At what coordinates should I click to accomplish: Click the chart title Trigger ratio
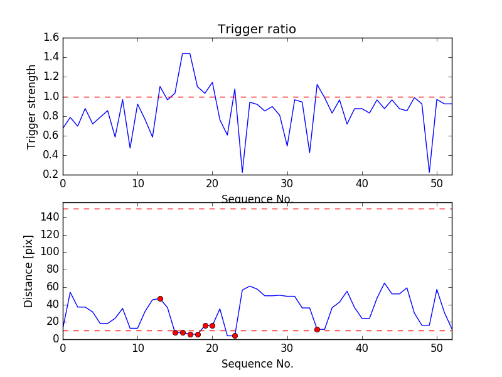pos(257,30)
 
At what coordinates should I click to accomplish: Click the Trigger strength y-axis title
pos(32,107)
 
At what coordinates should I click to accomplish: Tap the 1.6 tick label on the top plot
pos(51,38)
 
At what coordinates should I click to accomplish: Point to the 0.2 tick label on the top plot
pos(51,175)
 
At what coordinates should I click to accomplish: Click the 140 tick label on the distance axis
pos(49,217)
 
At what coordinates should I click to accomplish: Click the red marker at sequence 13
pos(160,298)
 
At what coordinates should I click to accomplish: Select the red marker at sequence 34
pos(317,329)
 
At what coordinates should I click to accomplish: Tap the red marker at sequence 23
pos(235,336)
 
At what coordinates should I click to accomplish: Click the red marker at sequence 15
pos(175,332)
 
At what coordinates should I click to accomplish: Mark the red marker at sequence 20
pos(212,325)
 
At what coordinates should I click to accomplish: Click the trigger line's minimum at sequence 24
pos(242,172)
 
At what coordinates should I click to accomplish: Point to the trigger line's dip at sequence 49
pos(429,172)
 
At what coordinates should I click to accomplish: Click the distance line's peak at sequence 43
pos(384,283)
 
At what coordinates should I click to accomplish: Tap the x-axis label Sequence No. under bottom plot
pos(257,364)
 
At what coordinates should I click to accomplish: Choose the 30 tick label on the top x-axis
pos(287,184)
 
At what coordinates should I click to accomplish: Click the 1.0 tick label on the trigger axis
pos(51,97)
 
